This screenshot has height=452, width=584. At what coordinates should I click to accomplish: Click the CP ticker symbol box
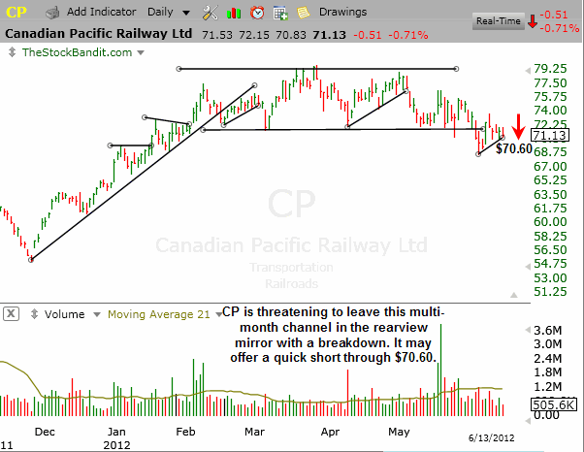click(19, 13)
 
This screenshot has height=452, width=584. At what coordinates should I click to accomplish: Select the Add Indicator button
click(97, 13)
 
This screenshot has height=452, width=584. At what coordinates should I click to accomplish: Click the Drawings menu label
click(341, 13)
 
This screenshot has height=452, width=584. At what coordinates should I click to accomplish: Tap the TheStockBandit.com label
click(63, 50)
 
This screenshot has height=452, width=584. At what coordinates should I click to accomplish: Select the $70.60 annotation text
click(514, 149)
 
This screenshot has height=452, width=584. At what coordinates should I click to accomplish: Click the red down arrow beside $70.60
click(520, 126)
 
